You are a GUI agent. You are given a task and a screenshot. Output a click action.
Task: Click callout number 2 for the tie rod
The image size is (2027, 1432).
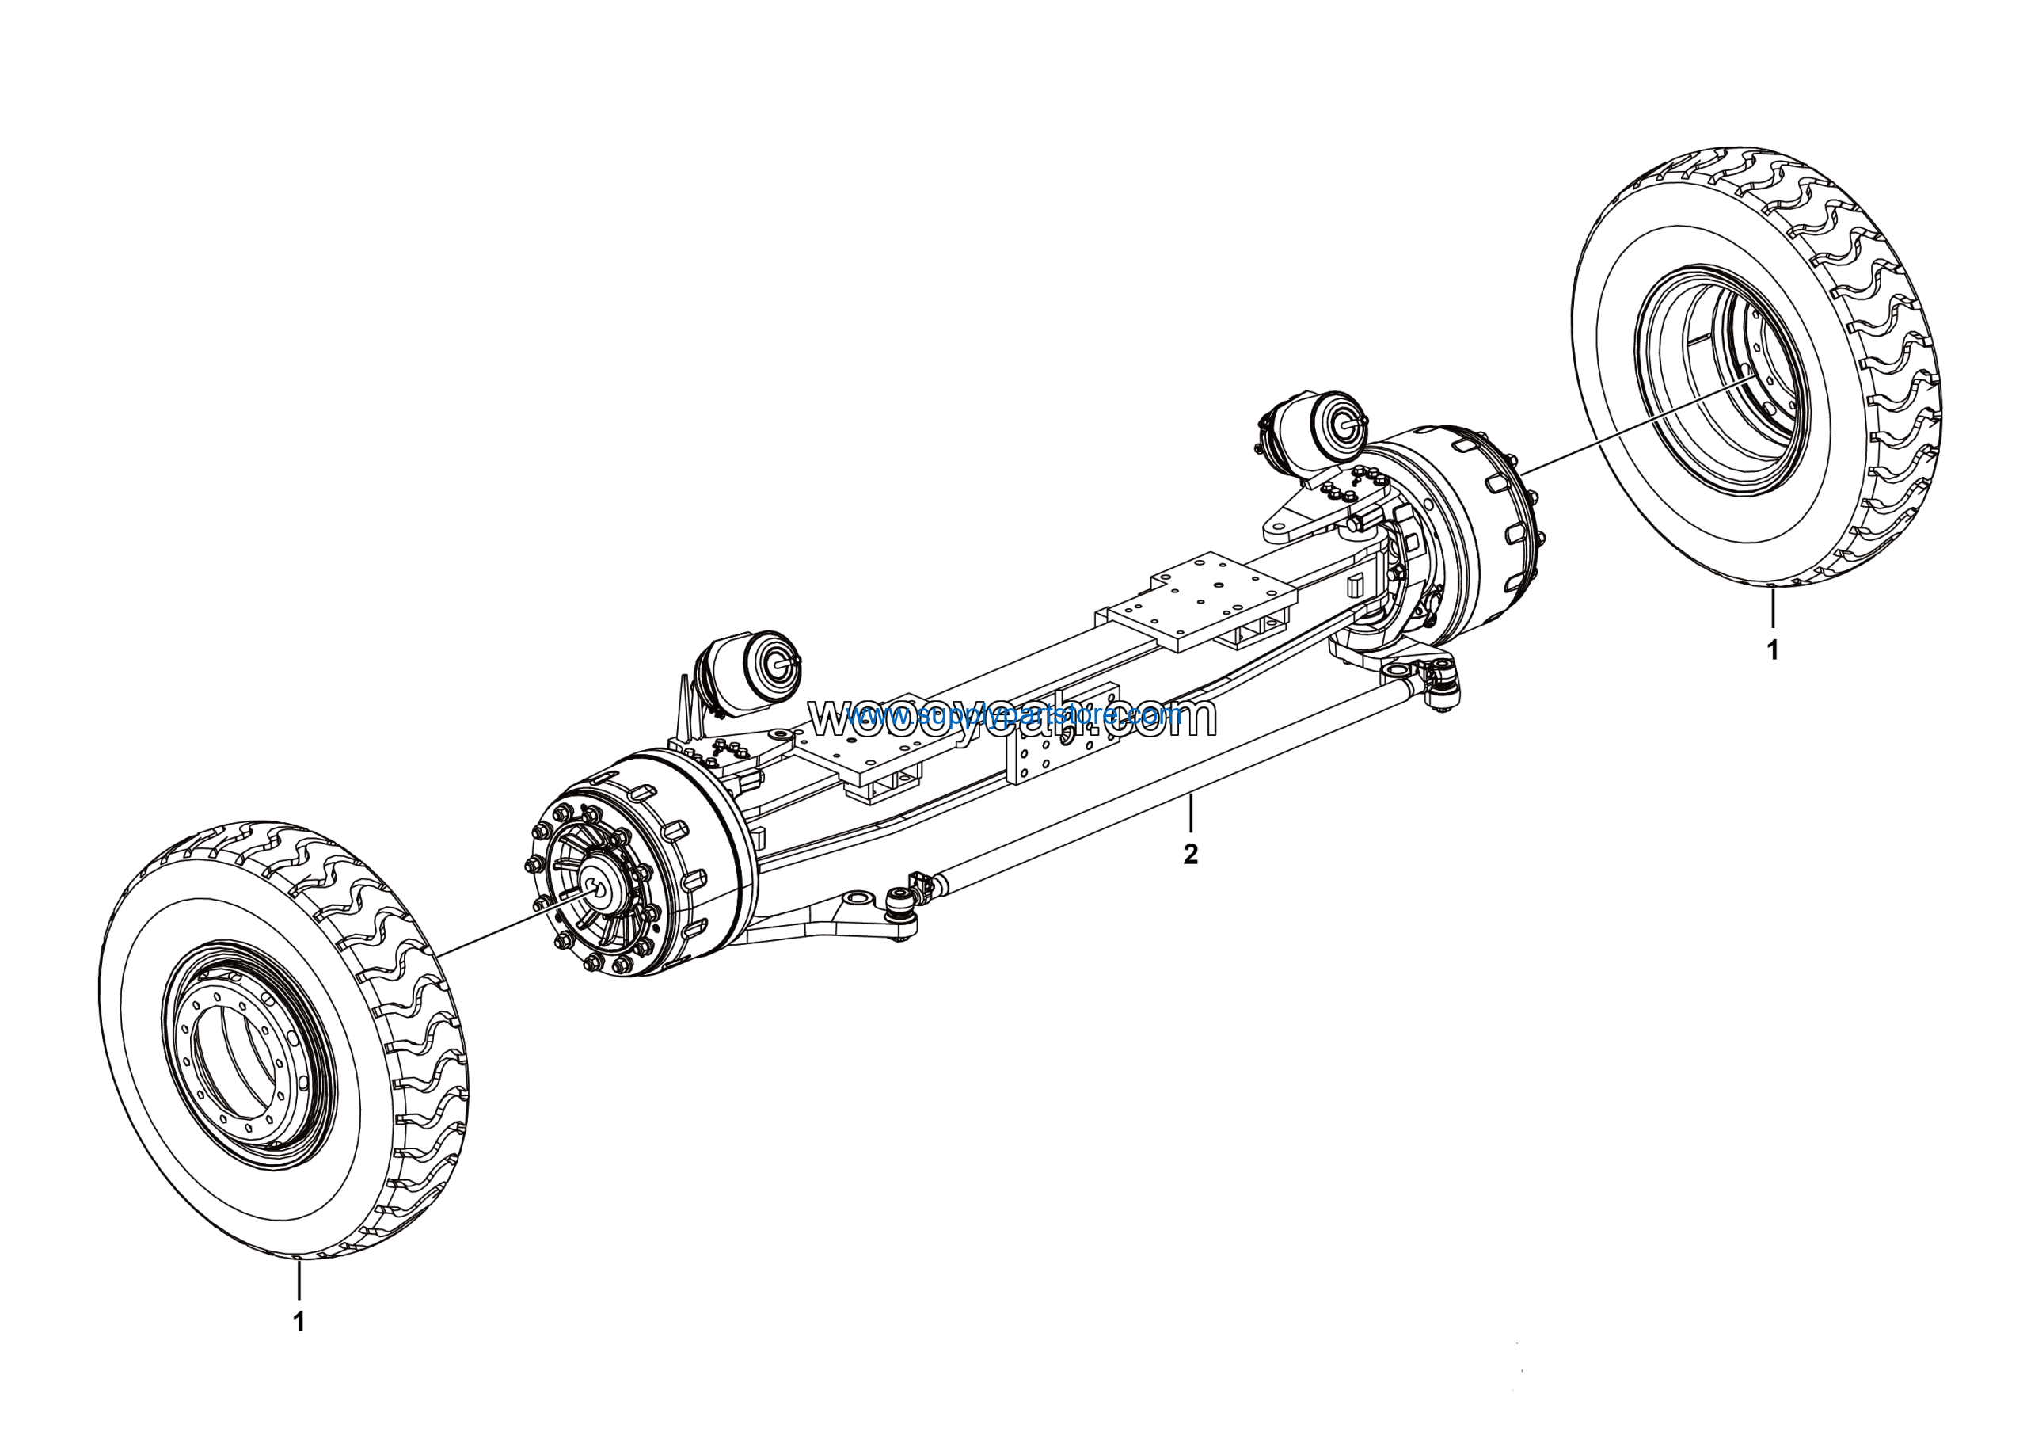[1191, 855]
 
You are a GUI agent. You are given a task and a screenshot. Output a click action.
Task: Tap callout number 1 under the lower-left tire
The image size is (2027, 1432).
[299, 1322]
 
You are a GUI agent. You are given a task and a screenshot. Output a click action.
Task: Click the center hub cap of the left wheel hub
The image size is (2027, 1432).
[601, 891]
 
